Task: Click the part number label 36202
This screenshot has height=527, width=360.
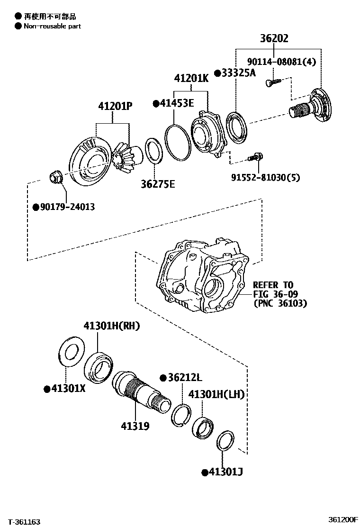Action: (280, 39)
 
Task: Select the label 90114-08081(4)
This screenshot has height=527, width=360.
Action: (281, 61)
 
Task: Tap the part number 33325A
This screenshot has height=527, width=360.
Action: (235, 73)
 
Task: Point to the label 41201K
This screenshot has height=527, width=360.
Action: (191, 78)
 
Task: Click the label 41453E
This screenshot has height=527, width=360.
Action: (173, 103)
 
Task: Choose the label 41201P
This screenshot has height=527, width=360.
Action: (115, 107)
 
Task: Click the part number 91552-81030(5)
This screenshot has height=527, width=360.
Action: (265, 177)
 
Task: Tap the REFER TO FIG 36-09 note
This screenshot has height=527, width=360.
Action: (279, 294)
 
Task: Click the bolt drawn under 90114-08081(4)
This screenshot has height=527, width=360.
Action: (273, 82)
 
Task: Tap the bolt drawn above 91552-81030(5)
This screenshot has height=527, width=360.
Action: (256, 156)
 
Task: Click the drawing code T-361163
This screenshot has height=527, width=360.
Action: (24, 522)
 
